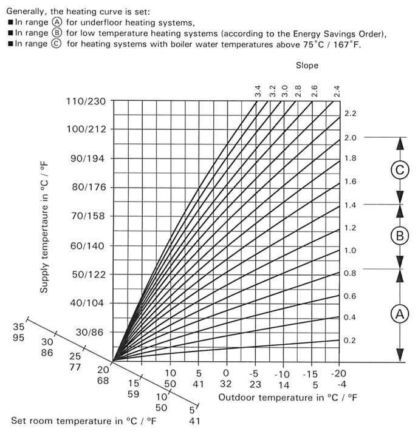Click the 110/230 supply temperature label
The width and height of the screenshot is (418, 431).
pos(85,101)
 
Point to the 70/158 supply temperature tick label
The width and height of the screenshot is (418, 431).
pos(87,216)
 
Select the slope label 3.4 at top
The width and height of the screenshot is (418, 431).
pos(258,92)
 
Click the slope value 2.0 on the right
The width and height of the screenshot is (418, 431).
pos(350,138)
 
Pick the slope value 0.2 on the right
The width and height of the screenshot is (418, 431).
pos(350,341)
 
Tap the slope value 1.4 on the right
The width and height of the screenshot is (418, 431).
pos(350,206)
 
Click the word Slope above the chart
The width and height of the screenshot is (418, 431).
pos(307,65)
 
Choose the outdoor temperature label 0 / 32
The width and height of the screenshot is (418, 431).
pos(226,378)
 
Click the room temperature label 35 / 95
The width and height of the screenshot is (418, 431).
pos(19,332)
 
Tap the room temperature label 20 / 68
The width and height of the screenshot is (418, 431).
pos(103,375)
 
